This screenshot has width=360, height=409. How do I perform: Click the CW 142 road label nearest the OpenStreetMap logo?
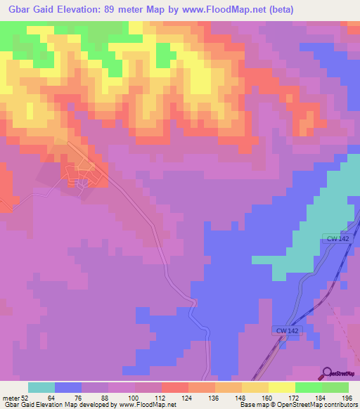coord(286,330)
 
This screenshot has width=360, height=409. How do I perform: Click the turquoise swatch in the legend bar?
coord(41,387)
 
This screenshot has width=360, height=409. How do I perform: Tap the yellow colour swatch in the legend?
coord(281,387)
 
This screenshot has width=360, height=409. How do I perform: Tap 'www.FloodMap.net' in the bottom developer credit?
coord(148,405)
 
